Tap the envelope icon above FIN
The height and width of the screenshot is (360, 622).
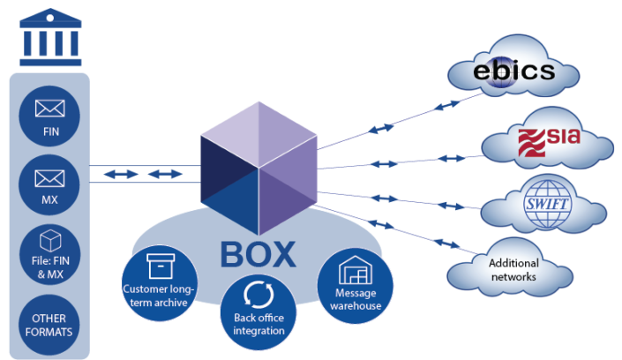coord(49,108)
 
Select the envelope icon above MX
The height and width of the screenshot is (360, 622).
coord(49,178)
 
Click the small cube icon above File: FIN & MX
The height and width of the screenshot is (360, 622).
coord(49,241)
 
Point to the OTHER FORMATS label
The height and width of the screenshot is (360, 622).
coord(49,325)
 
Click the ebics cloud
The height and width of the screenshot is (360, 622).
coord(513,70)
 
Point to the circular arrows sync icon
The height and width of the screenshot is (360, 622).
coord(259,292)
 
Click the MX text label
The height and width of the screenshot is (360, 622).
coord(49,200)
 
